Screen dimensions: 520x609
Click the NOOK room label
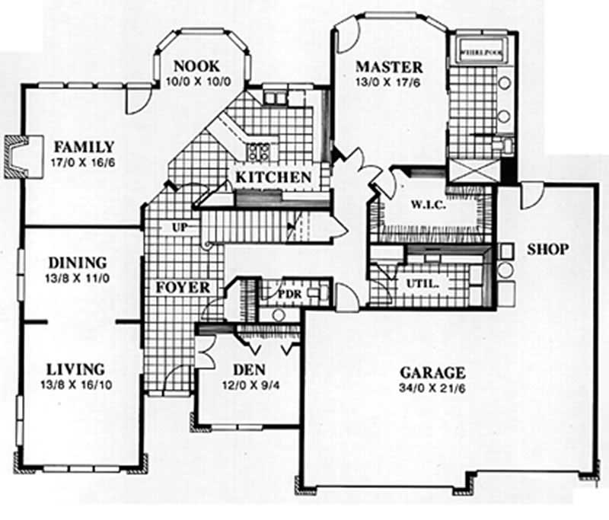[x=196, y=65]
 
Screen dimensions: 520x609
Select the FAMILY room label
[x=84, y=146]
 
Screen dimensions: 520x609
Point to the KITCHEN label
[x=273, y=177]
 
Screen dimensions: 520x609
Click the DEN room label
[x=248, y=369]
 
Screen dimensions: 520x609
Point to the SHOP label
[x=547, y=249]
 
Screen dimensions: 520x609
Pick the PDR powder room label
[x=289, y=293]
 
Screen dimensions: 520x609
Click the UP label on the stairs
[x=180, y=228]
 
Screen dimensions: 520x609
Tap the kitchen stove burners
[x=257, y=151]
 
